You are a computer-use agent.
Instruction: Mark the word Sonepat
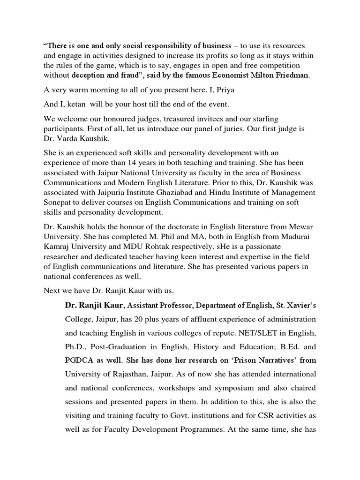click(59, 202)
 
